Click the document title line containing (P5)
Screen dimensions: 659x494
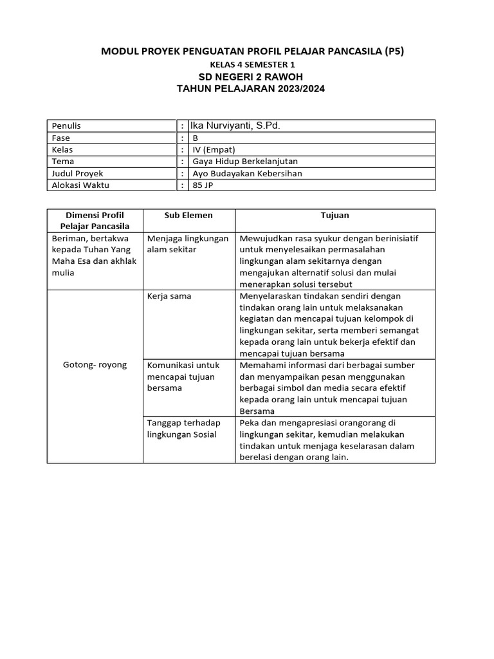(252, 51)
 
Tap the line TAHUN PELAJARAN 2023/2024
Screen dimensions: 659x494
(251, 89)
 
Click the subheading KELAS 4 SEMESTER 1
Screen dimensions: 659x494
(252, 64)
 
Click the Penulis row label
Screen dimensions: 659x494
(66, 126)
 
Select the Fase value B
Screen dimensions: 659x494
(196, 138)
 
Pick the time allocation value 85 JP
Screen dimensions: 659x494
(201, 185)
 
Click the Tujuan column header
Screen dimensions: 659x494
(335, 215)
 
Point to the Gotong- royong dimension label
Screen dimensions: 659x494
(95, 365)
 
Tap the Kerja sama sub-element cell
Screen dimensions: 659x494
(169, 296)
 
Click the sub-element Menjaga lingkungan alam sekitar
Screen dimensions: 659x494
(188, 244)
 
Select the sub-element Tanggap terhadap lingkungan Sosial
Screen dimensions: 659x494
(183, 428)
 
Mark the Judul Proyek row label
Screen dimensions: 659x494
(77, 174)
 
